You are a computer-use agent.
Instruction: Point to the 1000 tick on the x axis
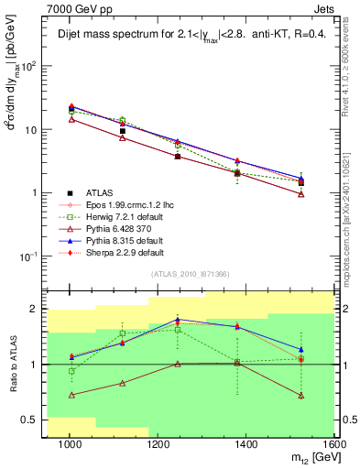coord(70,445)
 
